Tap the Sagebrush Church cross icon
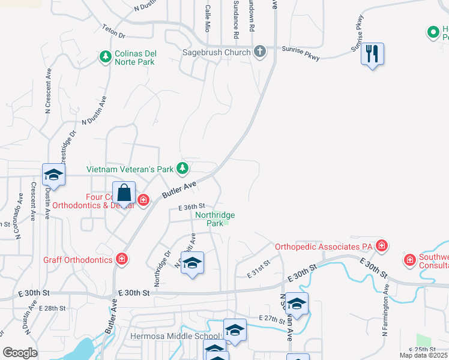pos(259,52)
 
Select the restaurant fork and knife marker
pos(372,55)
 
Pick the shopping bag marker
pos(124,194)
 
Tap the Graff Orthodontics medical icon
pos(122,259)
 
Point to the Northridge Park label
pos(215,219)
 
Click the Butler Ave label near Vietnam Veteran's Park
pos(179,190)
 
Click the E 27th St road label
pos(273,319)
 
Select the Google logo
pos(20,352)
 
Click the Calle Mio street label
pos(208,18)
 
